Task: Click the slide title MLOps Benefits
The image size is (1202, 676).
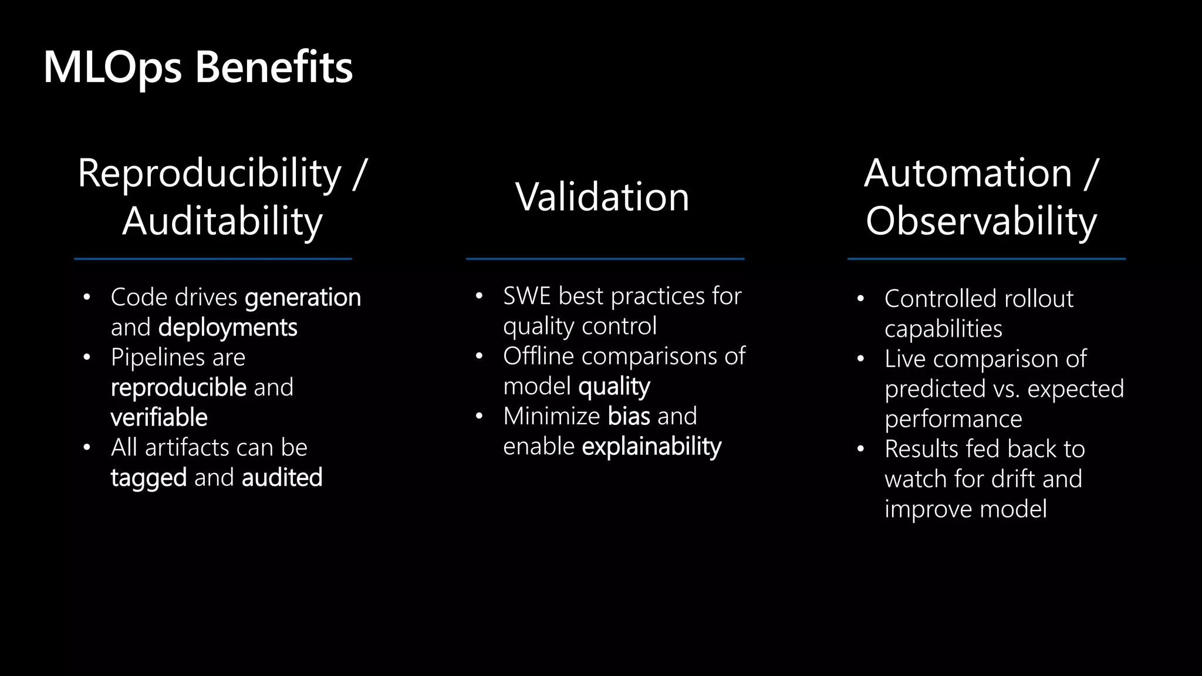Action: point(198,67)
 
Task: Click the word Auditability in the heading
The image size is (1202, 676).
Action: point(222,222)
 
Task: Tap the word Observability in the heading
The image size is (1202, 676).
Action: point(981,222)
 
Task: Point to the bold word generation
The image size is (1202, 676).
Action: point(303,298)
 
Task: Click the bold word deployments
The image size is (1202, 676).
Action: point(228,327)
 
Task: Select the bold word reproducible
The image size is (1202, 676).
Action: point(178,388)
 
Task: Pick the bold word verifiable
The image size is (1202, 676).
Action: point(159,418)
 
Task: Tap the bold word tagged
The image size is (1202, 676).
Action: point(148,478)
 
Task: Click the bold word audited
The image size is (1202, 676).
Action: point(282,478)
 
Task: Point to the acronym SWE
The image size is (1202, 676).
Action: point(526,296)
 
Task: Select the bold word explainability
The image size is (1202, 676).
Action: point(651,447)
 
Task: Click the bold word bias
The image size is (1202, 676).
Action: point(629,417)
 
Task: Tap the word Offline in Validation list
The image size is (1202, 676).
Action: point(538,356)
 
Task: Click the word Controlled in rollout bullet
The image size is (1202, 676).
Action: point(940,299)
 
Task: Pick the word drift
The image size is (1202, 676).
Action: point(1018,479)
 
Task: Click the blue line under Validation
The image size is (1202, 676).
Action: point(605,259)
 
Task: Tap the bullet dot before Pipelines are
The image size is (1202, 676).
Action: point(87,357)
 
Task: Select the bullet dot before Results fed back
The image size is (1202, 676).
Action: point(860,449)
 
